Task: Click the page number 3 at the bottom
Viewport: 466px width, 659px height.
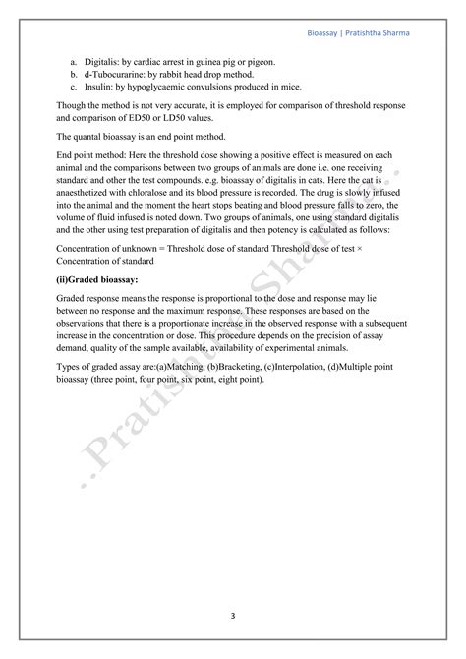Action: coord(233,616)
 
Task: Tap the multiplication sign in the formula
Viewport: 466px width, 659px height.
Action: coord(362,253)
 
